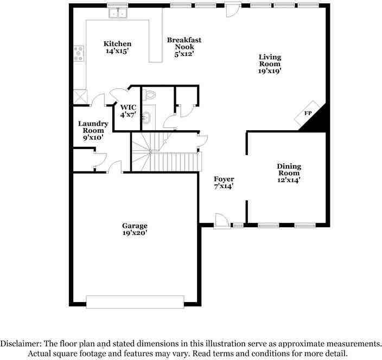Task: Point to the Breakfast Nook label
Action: [184, 47]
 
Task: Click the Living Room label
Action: [270, 63]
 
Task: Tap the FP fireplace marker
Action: [308, 113]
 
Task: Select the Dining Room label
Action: [289, 173]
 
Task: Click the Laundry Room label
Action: [93, 130]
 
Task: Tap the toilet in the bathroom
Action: [150, 95]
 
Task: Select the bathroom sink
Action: [146, 116]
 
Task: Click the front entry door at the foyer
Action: [221, 221]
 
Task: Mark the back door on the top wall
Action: [233, 10]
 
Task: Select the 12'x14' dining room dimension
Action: [289, 180]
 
